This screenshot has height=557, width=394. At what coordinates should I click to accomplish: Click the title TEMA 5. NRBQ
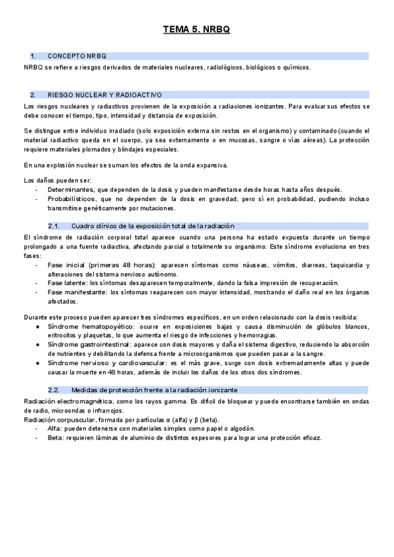pyautogui.click(x=196, y=30)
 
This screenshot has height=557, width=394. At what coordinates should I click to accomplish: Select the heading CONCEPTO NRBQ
pyautogui.click(x=77, y=56)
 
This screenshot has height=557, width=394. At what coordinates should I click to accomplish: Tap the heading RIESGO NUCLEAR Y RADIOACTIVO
pyautogui.click(x=104, y=95)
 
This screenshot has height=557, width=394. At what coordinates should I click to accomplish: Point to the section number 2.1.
pyautogui.click(x=55, y=225)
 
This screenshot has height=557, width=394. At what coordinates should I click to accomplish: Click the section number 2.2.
pyautogui.click(x=55, y=389)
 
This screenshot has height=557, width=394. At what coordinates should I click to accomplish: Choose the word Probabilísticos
pyautogui.click(x=70, y=199)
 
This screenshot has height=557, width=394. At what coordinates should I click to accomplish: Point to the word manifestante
pyautogui.click(x=86, y=293)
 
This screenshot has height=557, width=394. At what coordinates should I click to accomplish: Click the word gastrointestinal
pyautogui.click(x=105, y=344)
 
